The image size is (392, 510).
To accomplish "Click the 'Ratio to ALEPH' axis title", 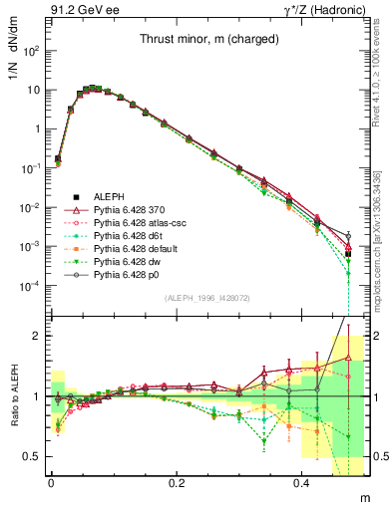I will [13, 394].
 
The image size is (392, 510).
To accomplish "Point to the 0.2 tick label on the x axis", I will [177, 481].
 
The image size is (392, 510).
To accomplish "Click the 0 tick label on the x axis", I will [51, 481].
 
